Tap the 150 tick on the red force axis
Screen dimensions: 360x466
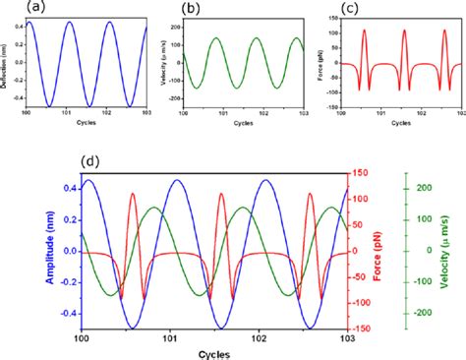click(x=363, y=173)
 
